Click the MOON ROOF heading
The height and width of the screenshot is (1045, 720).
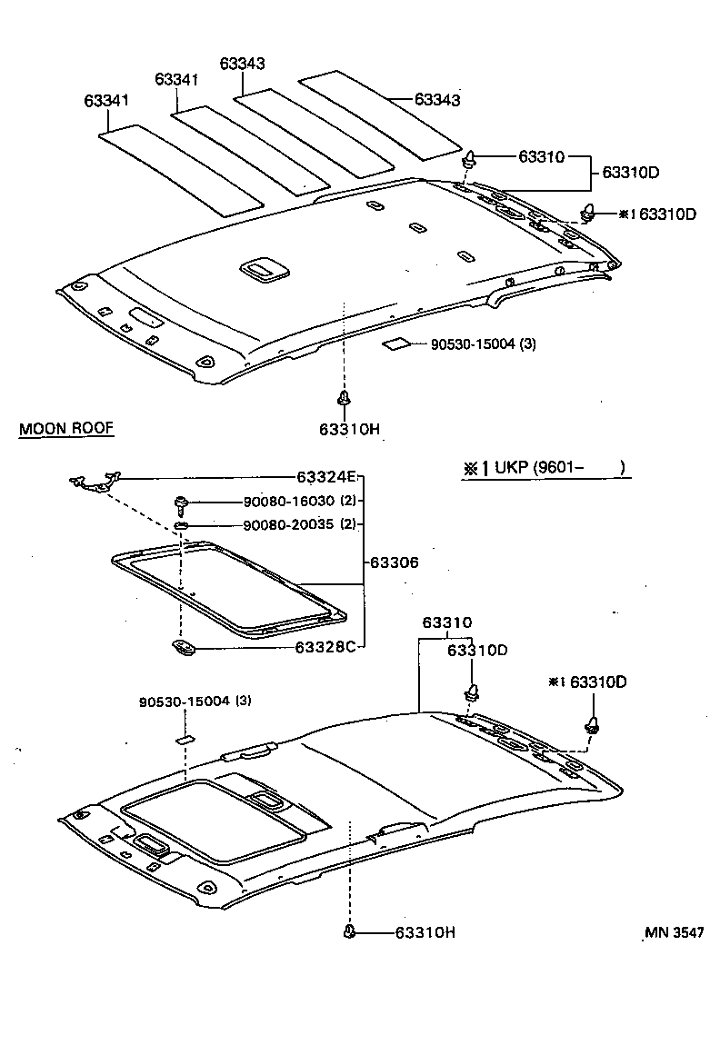[x=66, y=429]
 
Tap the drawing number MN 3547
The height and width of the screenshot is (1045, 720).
[x=675, y=932]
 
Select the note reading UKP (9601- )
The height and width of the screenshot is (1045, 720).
[x=545, y=468]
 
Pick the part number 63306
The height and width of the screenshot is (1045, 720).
[x=394, y=563]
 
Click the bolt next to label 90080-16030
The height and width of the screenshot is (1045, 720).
[x=180, y=502]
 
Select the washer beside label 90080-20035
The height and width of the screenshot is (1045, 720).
[x=181, y=525]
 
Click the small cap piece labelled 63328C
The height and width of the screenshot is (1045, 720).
[x=183, y=647]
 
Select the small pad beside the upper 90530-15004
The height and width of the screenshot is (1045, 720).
[x=395, y=344]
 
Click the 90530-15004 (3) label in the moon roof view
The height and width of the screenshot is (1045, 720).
[x=195, y=702]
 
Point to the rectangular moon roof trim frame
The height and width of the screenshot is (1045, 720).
[x=227, y=589]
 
